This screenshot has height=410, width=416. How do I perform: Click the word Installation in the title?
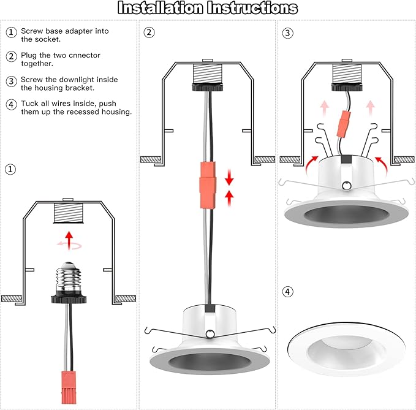point(161,8)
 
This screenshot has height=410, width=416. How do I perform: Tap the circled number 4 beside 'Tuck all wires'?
point(11,105)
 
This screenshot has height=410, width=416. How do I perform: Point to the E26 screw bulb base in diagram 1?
point(69,276)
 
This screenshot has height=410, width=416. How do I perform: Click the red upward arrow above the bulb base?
point(69,240)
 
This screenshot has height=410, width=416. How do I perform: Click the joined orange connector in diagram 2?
point(207,185)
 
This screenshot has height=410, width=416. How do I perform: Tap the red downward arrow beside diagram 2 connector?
point(229,177)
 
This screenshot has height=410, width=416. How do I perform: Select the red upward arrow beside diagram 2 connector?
point(229,199)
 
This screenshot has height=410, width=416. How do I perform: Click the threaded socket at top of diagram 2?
point(207,74)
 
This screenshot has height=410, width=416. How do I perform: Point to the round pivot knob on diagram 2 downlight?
point(210,333)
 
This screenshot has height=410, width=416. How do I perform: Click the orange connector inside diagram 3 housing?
point(344,124)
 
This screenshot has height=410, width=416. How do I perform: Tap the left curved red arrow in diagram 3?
point(311,165)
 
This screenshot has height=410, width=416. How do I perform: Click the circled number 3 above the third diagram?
point(288,33)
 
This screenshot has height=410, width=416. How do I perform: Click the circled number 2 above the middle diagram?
point(149,32)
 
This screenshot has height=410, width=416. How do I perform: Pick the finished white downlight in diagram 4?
point(347,349)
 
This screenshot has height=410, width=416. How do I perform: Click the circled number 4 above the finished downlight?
point(288,292)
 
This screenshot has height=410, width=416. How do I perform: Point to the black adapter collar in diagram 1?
point(69,299)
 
